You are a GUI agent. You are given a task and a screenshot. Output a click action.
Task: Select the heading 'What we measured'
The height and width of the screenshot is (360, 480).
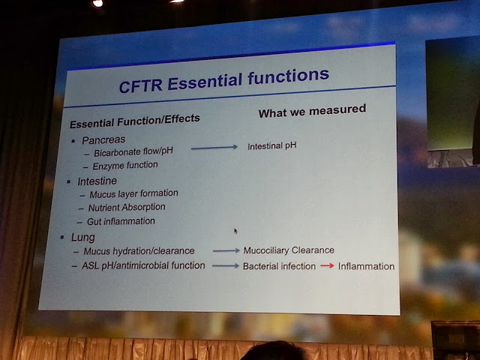coord(312,111)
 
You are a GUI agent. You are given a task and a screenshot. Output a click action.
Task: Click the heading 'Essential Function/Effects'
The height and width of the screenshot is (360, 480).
coord(135,121)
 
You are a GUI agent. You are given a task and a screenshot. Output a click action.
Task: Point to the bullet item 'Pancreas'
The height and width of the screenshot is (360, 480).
coord(103,140)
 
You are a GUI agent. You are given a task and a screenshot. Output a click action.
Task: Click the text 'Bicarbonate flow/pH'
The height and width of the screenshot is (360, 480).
coord(133,151)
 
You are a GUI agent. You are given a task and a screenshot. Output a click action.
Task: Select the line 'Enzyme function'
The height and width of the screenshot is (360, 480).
coord(125,165)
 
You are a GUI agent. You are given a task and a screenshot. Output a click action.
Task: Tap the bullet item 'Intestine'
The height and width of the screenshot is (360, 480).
coord(97,181)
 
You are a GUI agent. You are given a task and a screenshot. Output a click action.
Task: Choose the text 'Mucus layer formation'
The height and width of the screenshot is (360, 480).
coord(133,193)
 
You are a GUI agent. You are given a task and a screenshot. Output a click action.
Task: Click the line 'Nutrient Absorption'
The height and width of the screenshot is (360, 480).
coord(127,208)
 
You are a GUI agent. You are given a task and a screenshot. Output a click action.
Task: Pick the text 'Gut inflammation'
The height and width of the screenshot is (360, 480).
coord(121,221)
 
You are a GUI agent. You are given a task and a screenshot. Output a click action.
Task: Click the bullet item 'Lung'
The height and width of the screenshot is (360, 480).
coord(83,238)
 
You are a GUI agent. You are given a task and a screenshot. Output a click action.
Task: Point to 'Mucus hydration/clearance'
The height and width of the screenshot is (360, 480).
coord(139,251)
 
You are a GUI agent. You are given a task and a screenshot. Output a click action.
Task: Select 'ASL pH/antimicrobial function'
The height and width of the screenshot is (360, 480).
coord(143,265)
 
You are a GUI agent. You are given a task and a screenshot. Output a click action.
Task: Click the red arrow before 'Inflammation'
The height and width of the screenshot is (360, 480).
coord(327,265)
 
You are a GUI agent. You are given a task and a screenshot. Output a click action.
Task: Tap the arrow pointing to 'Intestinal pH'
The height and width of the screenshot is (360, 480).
coord(214,148)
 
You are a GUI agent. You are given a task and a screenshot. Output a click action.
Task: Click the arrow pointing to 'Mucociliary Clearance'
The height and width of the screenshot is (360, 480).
coord(226,250)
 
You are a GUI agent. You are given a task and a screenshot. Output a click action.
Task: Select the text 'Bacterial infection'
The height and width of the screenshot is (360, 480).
coord(279,266)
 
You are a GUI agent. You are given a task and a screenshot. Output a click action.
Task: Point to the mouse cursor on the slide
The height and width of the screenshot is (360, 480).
coord(235,231)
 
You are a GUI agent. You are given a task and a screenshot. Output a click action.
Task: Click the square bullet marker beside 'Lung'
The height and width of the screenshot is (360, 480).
coord(62,237)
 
